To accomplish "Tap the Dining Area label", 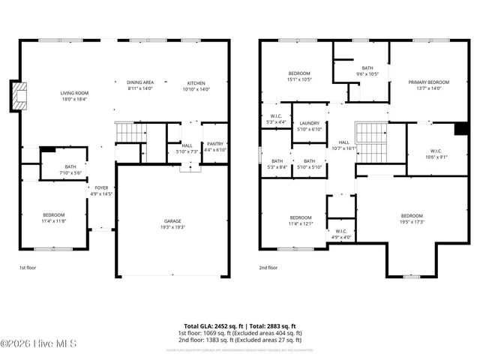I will tap(139, 82).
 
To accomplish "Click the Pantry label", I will tap(214, 144).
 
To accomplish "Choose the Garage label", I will tap(172, 221).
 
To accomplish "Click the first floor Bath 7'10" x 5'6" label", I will tap(70, 167).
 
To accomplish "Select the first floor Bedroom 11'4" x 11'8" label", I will tap(53, 215).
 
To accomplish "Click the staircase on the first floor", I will tap(129, 133).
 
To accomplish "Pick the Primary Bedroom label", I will tap(428, 82).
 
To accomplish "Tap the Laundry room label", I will tap(310, 123).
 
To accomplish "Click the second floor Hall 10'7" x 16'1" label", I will tap(343, 142).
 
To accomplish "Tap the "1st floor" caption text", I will tap(27, 267).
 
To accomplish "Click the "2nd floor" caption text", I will tap(268, 267).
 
